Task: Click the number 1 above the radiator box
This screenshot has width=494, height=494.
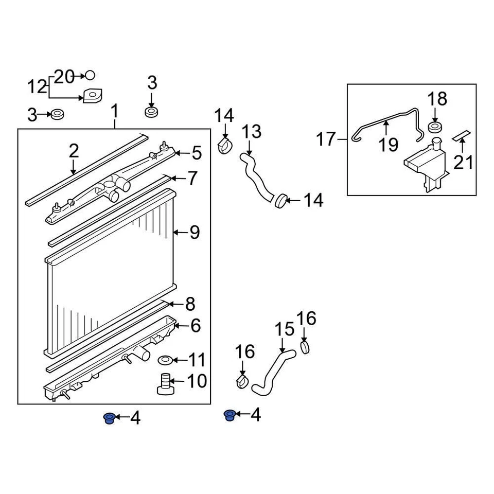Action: (115, 111)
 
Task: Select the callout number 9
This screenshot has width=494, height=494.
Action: (194, 233)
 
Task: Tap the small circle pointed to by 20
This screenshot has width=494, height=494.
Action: (90, 76)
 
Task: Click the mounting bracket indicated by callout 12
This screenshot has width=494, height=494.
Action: (93, 96)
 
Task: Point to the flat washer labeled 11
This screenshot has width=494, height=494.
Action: (166, 359)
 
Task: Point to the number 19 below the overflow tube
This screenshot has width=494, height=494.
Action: (389, 145)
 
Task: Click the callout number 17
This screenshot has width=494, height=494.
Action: (326, 139)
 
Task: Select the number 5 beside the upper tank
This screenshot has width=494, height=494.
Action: (196, 153)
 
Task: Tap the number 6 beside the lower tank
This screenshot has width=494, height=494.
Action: (196, 326)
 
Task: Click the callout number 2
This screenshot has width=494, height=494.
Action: (74, 151)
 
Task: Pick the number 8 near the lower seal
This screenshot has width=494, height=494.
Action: (190, 304)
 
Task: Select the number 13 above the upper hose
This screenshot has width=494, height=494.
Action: (252, 132)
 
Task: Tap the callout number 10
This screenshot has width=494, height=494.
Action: (196, 381)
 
